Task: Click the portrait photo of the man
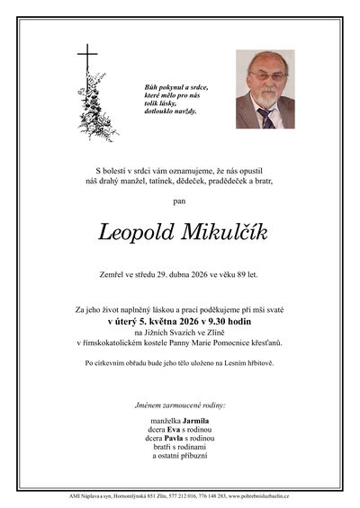tap(265, 89)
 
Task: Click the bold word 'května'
tap(157, 318)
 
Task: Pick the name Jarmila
tap(194, 421)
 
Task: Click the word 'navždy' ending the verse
tap(184, 110)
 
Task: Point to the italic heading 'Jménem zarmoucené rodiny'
tap(179, 406)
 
